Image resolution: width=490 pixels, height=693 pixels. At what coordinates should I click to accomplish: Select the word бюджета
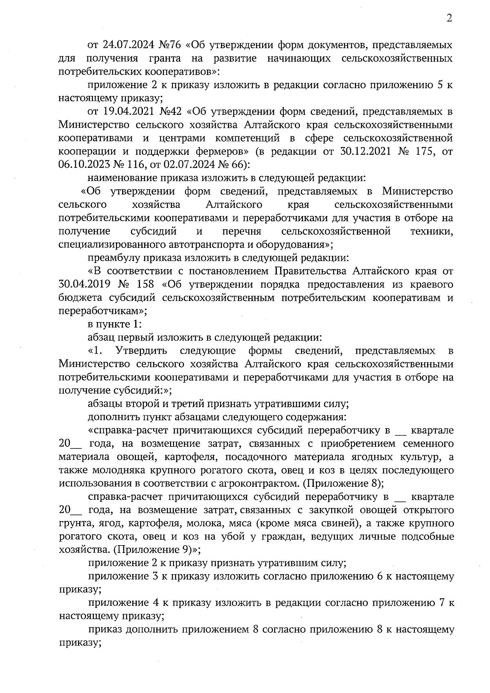[76, 298]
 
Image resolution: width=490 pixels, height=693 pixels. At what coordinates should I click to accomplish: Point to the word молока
[215, 524]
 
